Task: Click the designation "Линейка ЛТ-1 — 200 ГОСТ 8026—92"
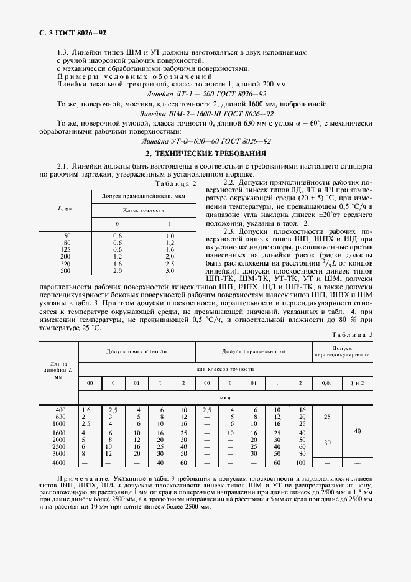point(205,93)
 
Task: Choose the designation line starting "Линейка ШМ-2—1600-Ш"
point(205,114)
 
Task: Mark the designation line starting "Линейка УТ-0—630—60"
point(205,141)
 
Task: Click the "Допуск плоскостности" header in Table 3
point(137,351)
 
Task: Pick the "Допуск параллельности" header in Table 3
point(254,351)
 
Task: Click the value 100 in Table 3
point(302,463)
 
